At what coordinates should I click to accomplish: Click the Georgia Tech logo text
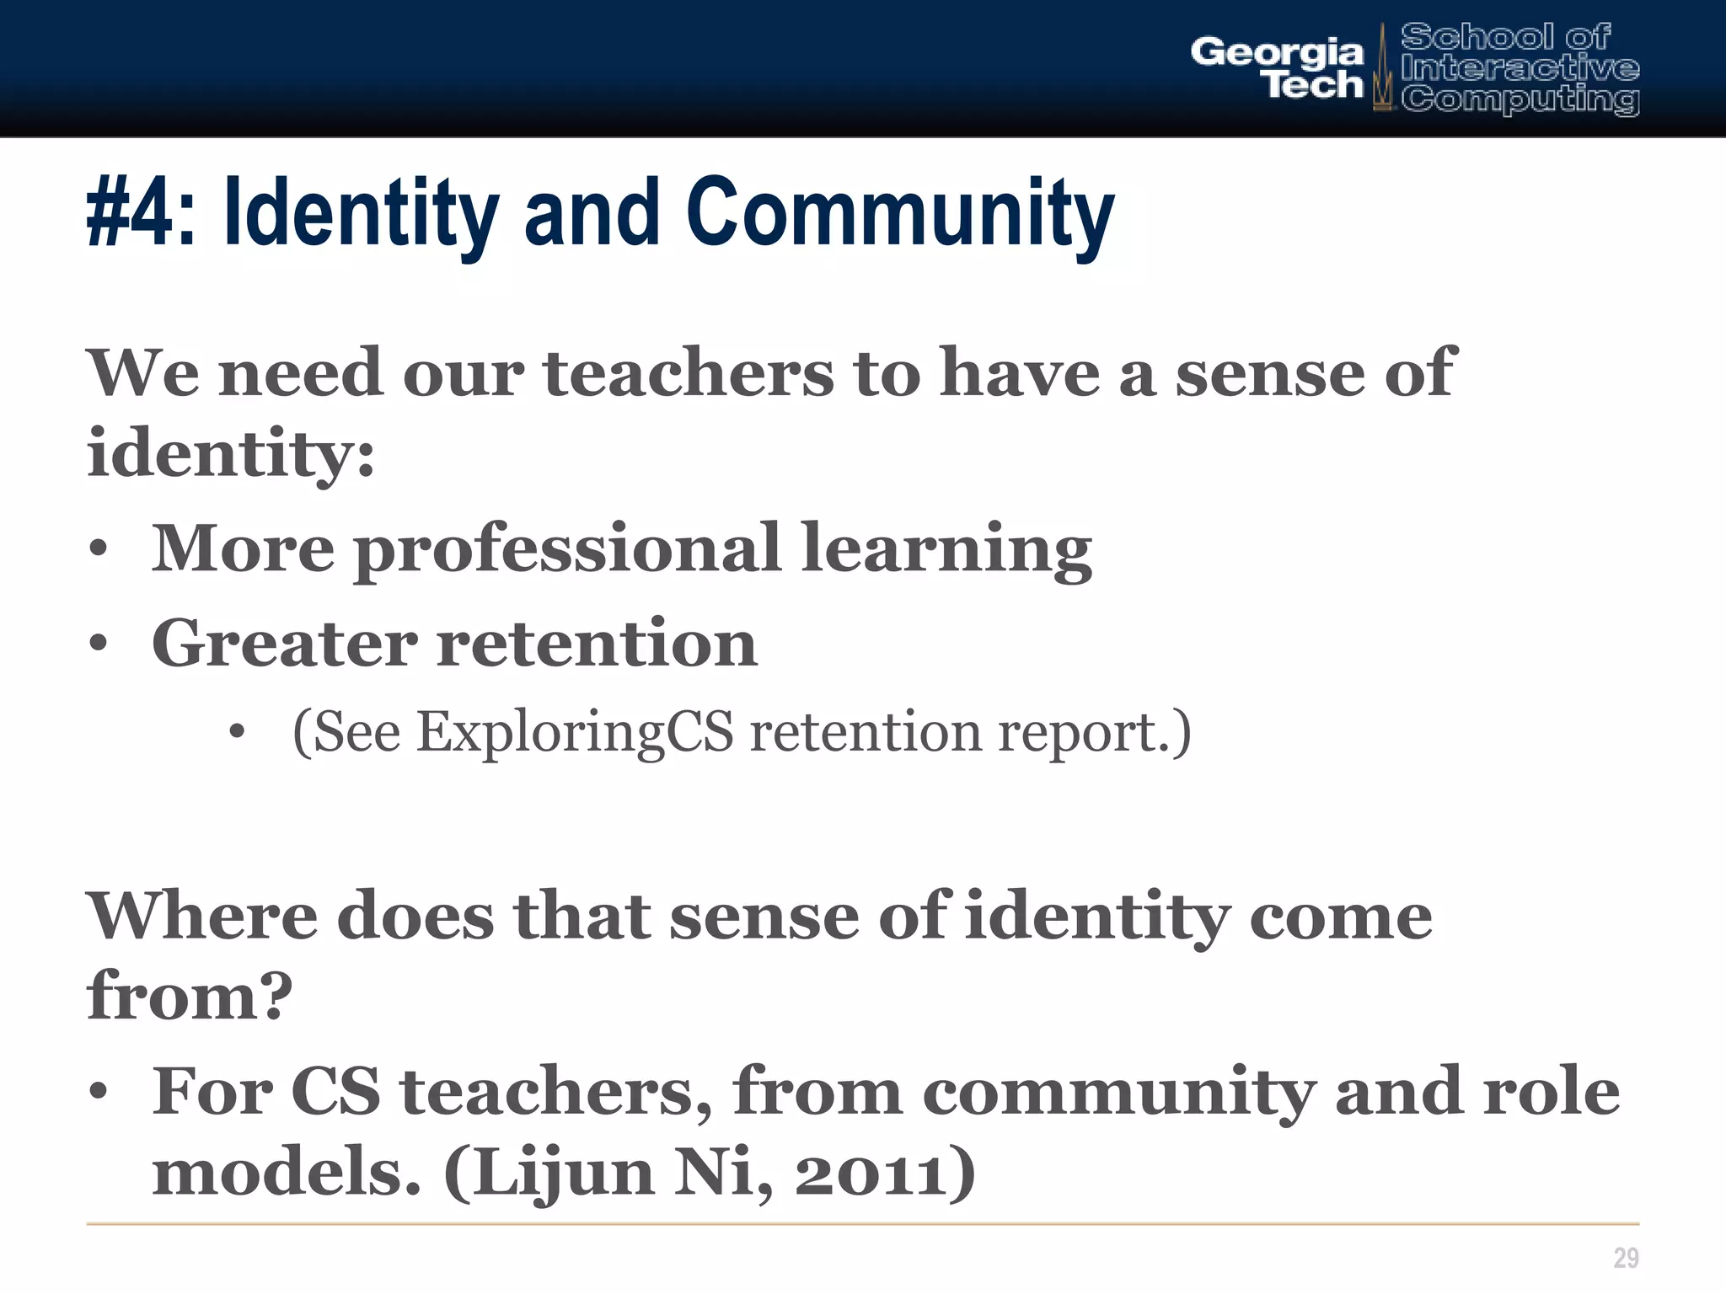tap(1277, 67)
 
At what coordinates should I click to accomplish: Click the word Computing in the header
tap(1520, 99)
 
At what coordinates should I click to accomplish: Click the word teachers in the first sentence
tap(688, 372)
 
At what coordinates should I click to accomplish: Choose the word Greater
tap(284, 644)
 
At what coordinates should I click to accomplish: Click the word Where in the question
tap(202, 916)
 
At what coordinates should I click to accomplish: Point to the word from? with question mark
tap(190, 996)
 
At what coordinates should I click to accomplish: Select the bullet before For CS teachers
tap(99, 1093)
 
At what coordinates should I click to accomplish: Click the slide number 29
tap(1626, 1258)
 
